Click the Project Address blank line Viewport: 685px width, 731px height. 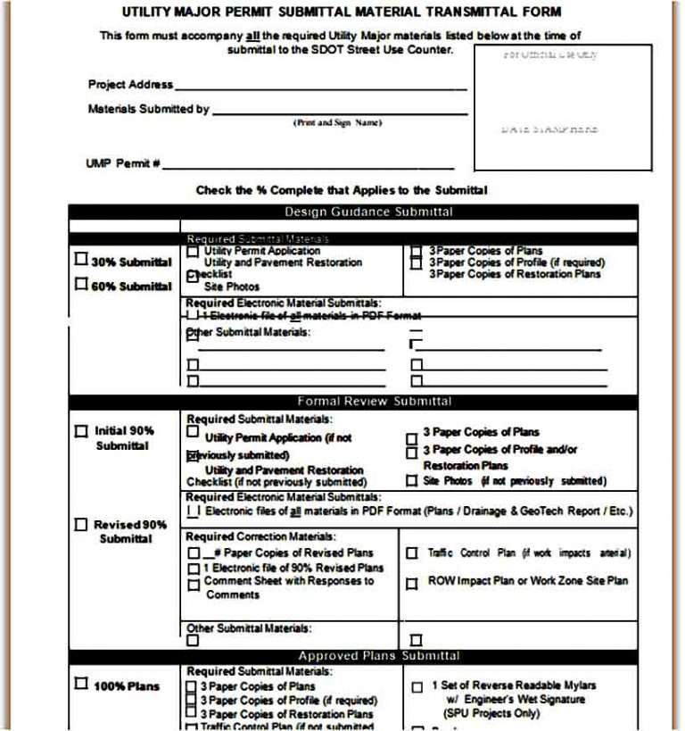pos(321,87)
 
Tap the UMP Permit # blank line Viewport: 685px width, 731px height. pos(308,165)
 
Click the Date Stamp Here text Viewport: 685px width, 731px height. pos(549,129)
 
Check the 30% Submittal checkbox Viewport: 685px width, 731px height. pos(81,260)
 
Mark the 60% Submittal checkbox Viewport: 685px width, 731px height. pos(81,285)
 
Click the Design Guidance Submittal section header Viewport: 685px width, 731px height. pos(368,212)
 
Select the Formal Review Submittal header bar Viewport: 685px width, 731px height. pos(374,402)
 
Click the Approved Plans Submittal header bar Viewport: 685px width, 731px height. pos(379,656)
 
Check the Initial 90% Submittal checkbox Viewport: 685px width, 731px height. pos(81,430)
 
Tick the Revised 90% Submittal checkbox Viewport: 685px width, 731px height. pos(81,525)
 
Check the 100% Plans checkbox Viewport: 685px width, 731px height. pos(81,685)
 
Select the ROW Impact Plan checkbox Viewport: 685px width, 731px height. pos(411,584)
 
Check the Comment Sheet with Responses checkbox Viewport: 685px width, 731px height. pos(194,585)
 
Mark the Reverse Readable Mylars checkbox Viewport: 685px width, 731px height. pos(417,687)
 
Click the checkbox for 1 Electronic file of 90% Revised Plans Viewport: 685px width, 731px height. pos(194,569)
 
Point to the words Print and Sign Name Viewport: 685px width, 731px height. pos(337,122)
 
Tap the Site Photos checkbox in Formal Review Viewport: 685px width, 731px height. pos(411,481)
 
